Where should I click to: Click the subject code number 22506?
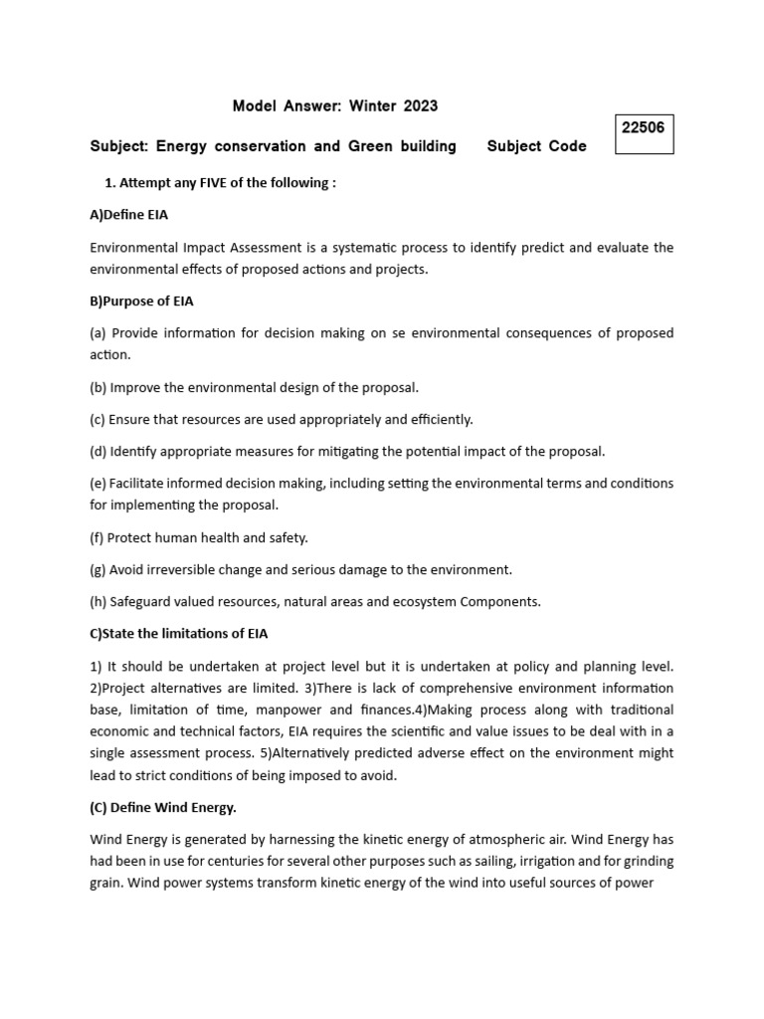pyautogui.click(x=644, y=127)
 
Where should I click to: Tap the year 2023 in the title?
pyautogui.click(x=421, y=105)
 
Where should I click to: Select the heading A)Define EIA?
pyautogui.click(x=135, y=215)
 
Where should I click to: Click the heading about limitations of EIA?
pyautogui.click(x=178, y=633)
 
